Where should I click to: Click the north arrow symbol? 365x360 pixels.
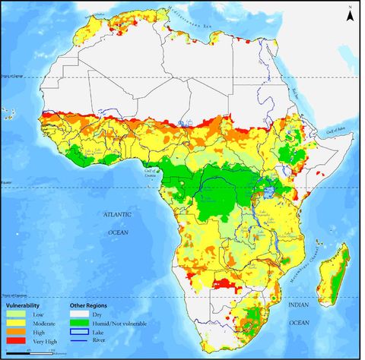[348, 15]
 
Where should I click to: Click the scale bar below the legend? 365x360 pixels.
[30, 351]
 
